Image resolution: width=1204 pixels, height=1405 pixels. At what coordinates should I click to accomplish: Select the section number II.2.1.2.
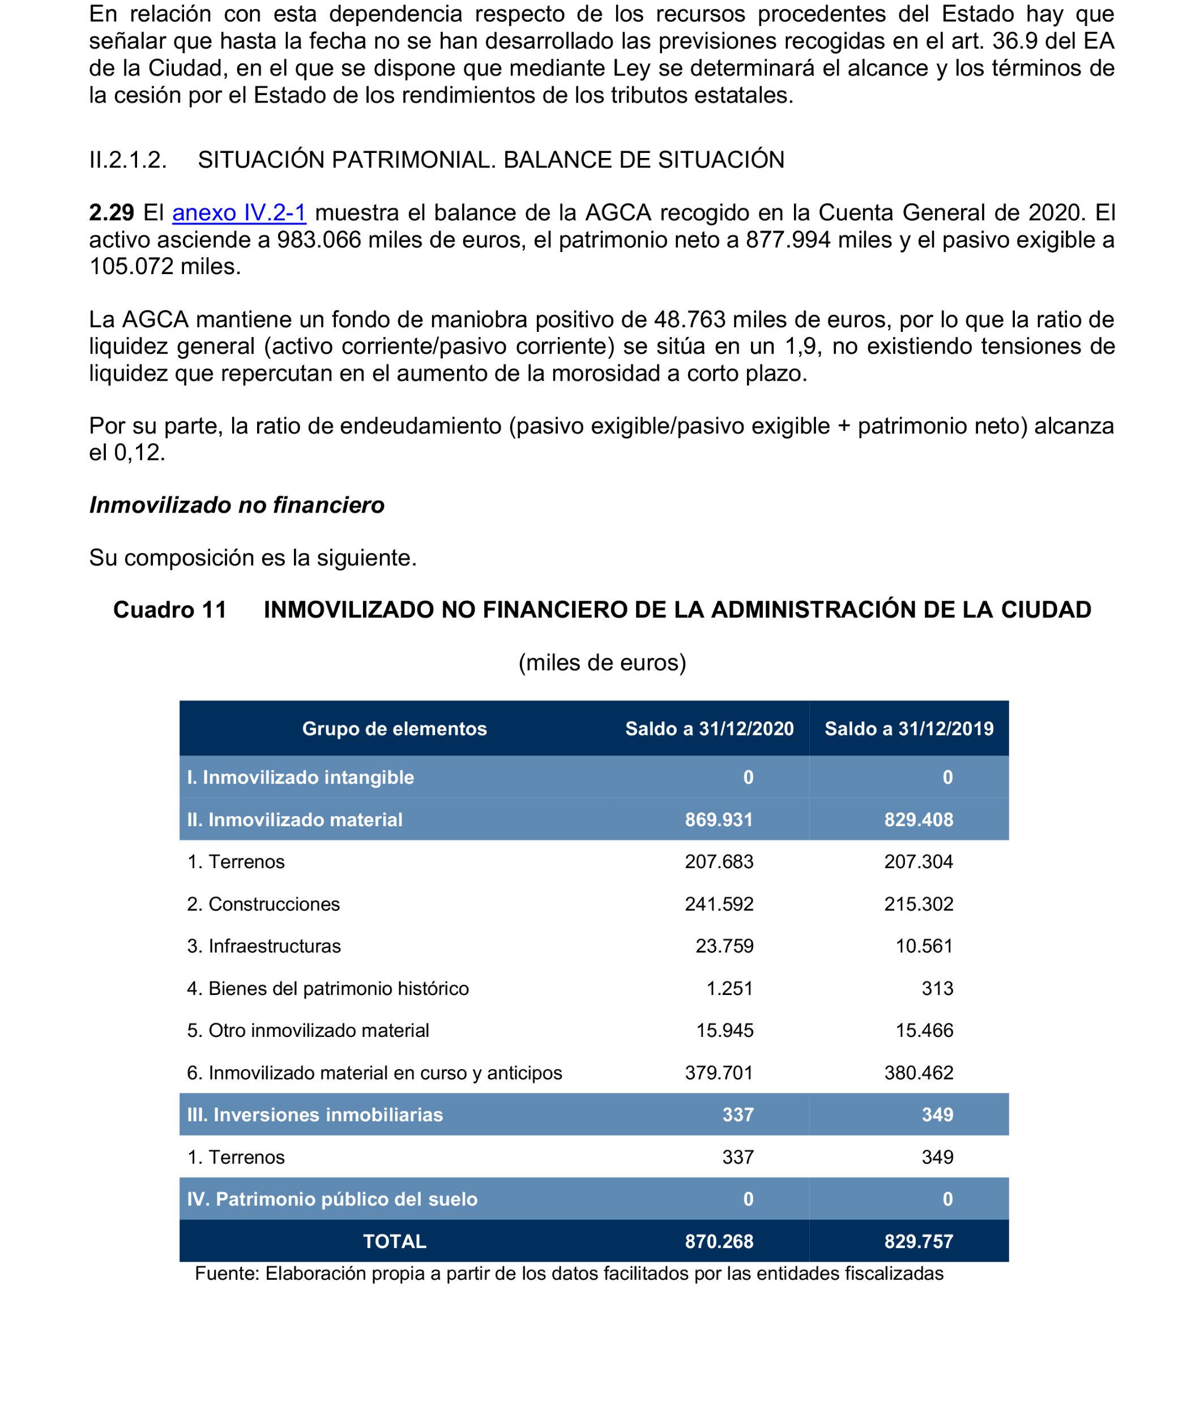128,160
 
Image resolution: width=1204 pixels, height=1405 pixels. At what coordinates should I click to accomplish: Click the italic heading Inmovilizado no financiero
237,505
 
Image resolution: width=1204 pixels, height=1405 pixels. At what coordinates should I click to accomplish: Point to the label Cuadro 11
169,609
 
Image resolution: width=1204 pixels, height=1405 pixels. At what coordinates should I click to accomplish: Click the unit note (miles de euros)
602,663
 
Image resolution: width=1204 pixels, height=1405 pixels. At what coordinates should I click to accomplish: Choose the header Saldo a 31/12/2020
709,729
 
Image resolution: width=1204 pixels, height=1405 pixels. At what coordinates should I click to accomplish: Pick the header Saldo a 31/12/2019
908,729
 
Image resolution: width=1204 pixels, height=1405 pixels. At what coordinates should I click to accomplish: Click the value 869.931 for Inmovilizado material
719,820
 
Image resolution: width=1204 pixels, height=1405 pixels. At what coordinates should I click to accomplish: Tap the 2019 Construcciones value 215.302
919,904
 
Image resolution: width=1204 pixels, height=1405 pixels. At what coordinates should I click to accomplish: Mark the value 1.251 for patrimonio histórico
729,989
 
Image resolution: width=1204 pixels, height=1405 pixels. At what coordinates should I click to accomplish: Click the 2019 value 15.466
924,1031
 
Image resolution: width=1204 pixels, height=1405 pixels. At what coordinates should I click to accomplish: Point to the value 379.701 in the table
719,1073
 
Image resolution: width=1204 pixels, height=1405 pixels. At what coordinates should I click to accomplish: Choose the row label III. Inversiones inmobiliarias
314,1115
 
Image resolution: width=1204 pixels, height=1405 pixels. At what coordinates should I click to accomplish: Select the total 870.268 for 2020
719,1241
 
